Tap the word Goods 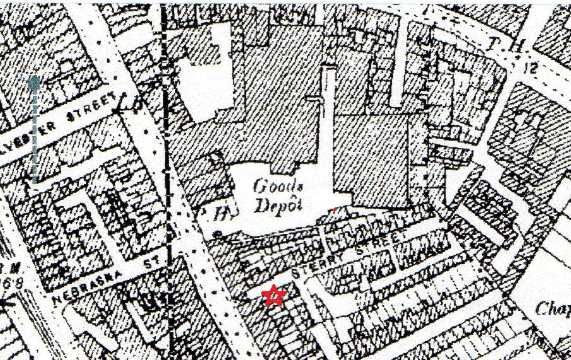(x=271, y=186)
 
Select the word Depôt (x=272, y=206)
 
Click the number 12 (x=528, y=68)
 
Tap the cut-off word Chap (x=553, y=309)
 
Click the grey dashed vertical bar (x=35, y=129)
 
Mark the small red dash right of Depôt (x=335, y=206)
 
